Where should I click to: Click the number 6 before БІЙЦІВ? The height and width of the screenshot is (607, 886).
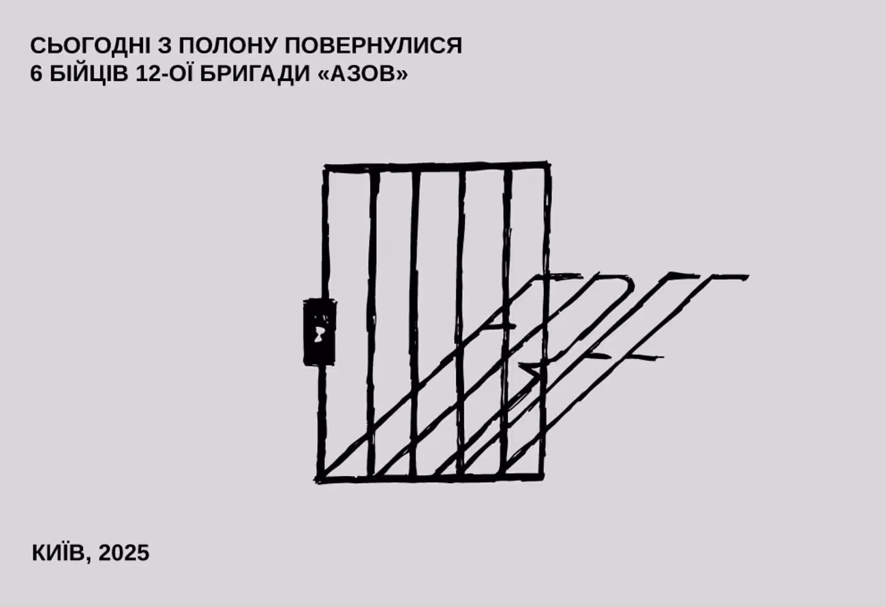pyautogui.click(x=36, y=74)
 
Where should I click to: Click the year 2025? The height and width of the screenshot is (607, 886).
pyautogui.click(x=124, y=553)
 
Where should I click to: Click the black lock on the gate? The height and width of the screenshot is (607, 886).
pyautogui.click(x=319, y=331)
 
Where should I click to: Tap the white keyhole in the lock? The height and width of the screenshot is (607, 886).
pyautogui.click(x=319, y=333)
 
